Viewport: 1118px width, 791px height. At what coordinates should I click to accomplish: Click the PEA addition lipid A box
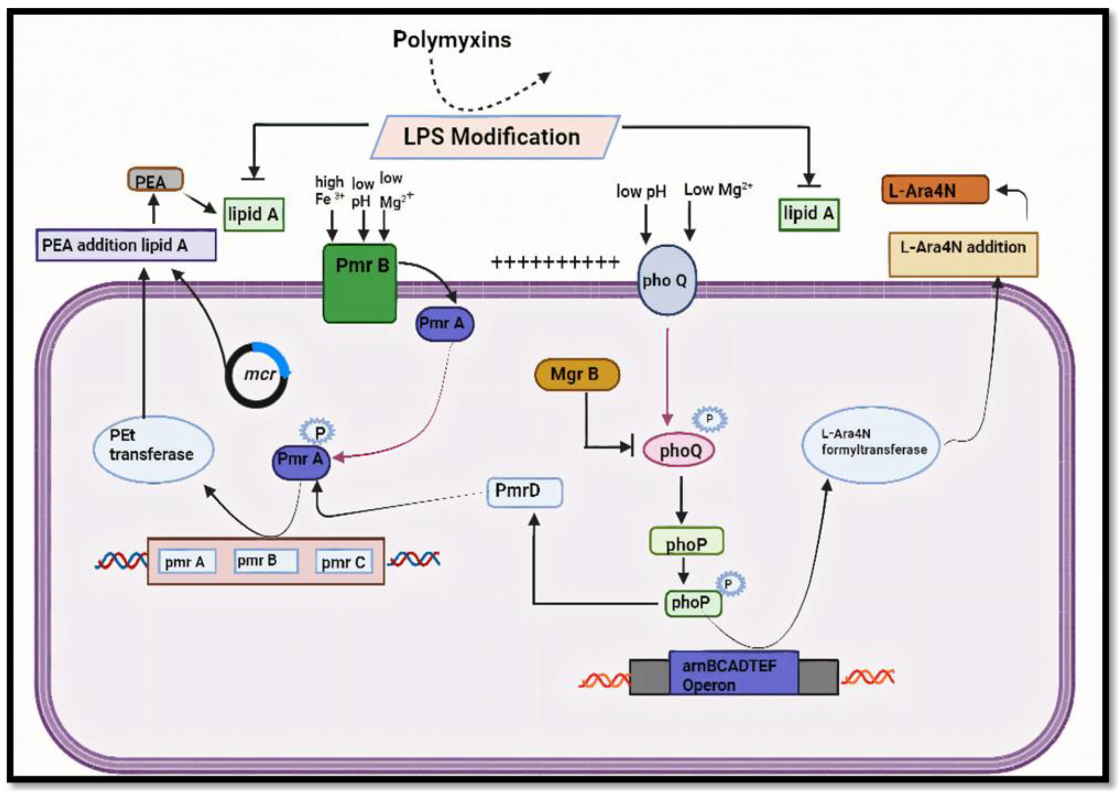click(126, 245)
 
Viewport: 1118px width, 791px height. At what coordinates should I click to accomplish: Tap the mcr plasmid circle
click(258, 375)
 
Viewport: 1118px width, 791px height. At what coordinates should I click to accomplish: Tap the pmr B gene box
click(265, 561)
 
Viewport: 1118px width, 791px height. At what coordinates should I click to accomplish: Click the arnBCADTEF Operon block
click(733, 676)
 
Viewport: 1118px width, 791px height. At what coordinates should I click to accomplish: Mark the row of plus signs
click(555, 262)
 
